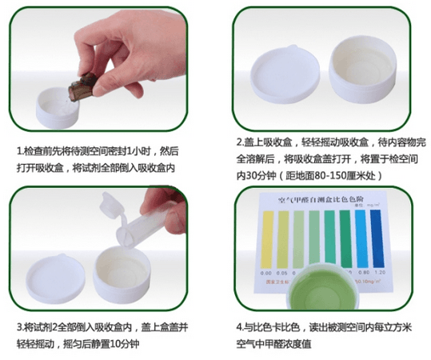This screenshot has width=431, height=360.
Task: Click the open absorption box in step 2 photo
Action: point(364,78)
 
